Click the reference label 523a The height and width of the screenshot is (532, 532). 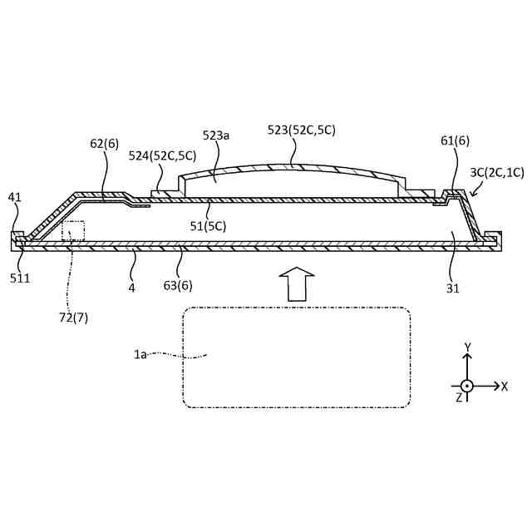pyautogui.click(x=216, y=135)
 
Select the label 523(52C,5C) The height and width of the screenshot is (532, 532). pyautogui.click(x=302, y=130)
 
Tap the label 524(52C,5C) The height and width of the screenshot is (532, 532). pyautogui.click(x=162, y=155)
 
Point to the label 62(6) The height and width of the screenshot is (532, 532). pyautogui.click(x=105, y=143)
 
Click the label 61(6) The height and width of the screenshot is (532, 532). pyautogui.click(x=455, y=140)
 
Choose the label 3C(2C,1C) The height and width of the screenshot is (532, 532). pyautogui.click(x=496, y=172)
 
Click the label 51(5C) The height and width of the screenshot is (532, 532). pyautogui.click(x=208, y=225)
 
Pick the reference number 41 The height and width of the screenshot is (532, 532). pyautogui.click(x=15, y=197)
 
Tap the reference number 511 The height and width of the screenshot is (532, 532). pyautogui.click(x=19, y=278)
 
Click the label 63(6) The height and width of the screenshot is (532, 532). pyautogui.click(x=178, y=285)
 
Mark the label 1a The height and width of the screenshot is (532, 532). pyautogui.click(x=140, y=354)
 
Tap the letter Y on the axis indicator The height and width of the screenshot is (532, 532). pyautogui.click(x=468, y=347)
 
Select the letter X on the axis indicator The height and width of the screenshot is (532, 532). pyautogui.click(x=505, y=386)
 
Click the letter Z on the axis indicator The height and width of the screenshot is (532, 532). pyautogui.click(x=458, y=397)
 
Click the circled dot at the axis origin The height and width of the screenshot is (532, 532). pyautogui.click(x=467, y=386)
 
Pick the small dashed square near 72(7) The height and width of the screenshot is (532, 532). pyautogui.click(x=73, y=231)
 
